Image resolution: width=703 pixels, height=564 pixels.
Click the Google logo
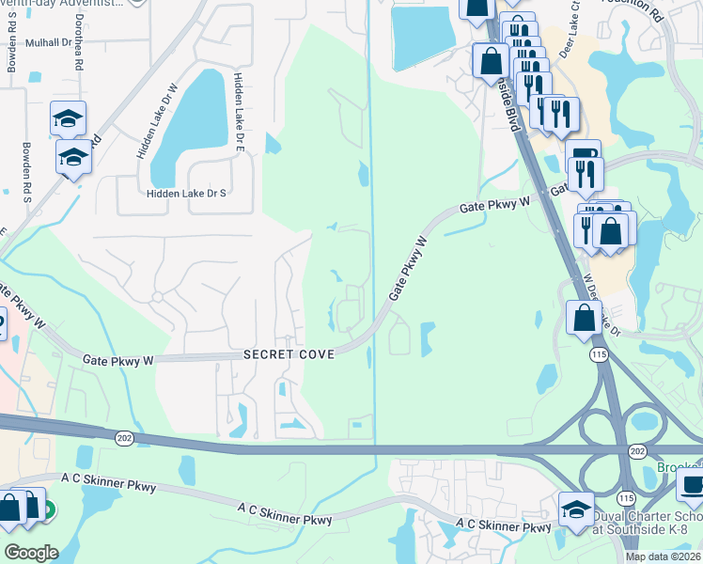[x=31, y=553]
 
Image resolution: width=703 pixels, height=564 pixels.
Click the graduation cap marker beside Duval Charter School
[x=576, y=509]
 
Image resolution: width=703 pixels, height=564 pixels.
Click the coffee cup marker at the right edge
[x=691, y=485]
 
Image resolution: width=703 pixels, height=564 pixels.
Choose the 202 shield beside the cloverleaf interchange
[x=639, y=452]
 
